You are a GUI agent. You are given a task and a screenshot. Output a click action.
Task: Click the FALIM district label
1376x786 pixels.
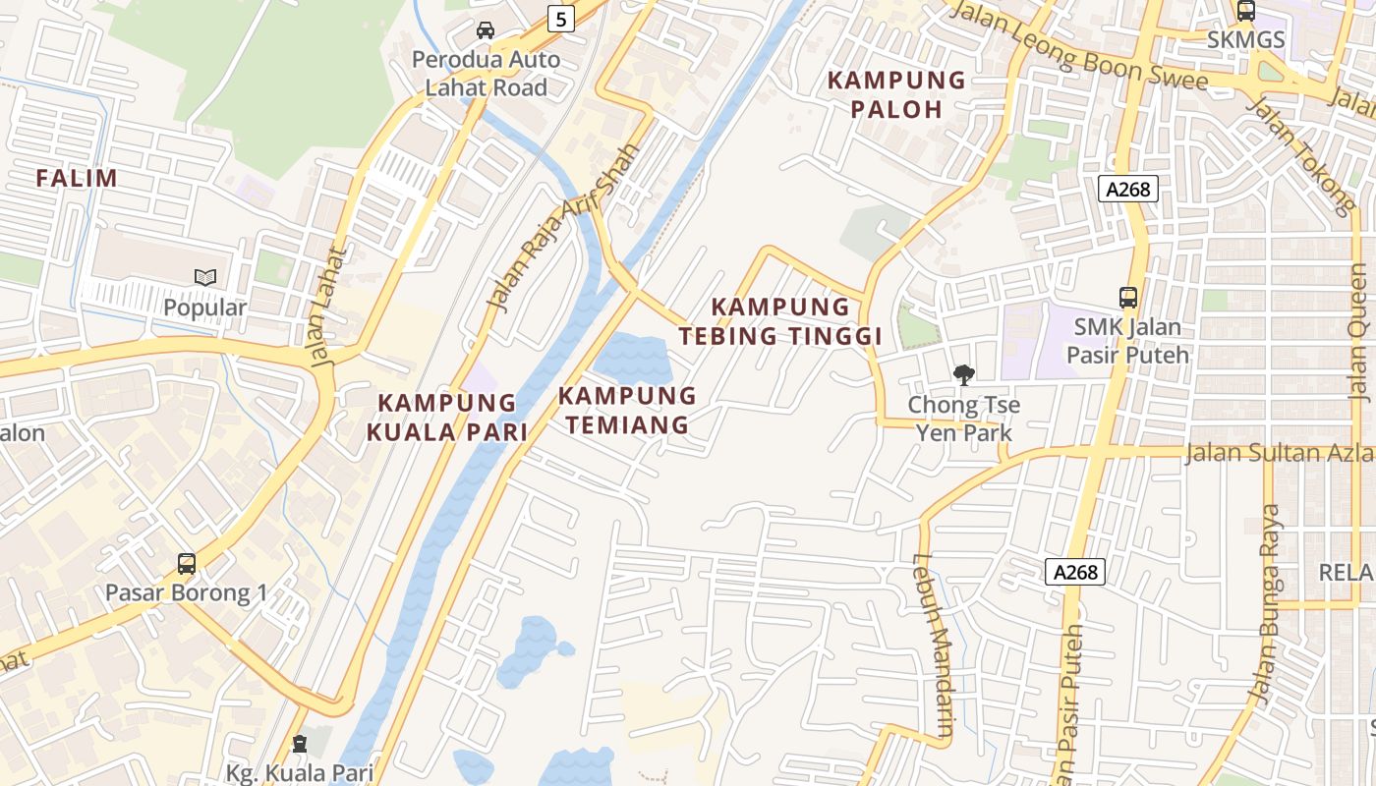pos(77,179)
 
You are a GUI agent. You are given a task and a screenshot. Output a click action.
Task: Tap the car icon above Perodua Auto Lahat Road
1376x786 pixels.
pos(486,29)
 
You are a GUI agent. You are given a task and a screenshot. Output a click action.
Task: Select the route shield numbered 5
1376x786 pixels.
pos(560,18)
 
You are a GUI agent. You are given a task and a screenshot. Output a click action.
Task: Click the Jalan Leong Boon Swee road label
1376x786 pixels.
pos(1079,46)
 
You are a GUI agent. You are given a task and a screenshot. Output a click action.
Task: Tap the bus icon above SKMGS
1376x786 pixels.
pos(1245,11)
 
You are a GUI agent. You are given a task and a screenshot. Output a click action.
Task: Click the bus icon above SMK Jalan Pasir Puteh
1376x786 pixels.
pos(1128,297)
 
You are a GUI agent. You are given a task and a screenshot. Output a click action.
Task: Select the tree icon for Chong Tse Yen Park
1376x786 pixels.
pos(964,374)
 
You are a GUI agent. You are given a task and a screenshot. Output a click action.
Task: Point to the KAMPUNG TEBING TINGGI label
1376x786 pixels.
pos(780,321)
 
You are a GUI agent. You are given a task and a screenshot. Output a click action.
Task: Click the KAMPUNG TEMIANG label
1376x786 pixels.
pos(627,411)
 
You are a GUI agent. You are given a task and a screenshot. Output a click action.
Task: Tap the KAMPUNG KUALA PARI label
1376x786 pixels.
pos(447,417)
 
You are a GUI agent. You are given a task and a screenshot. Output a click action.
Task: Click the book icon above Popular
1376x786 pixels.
pos(205,278)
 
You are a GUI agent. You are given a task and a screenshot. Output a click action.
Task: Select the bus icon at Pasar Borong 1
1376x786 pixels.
pos(186,564)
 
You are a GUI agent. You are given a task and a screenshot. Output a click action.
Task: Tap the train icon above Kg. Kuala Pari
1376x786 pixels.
pos(300,744)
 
